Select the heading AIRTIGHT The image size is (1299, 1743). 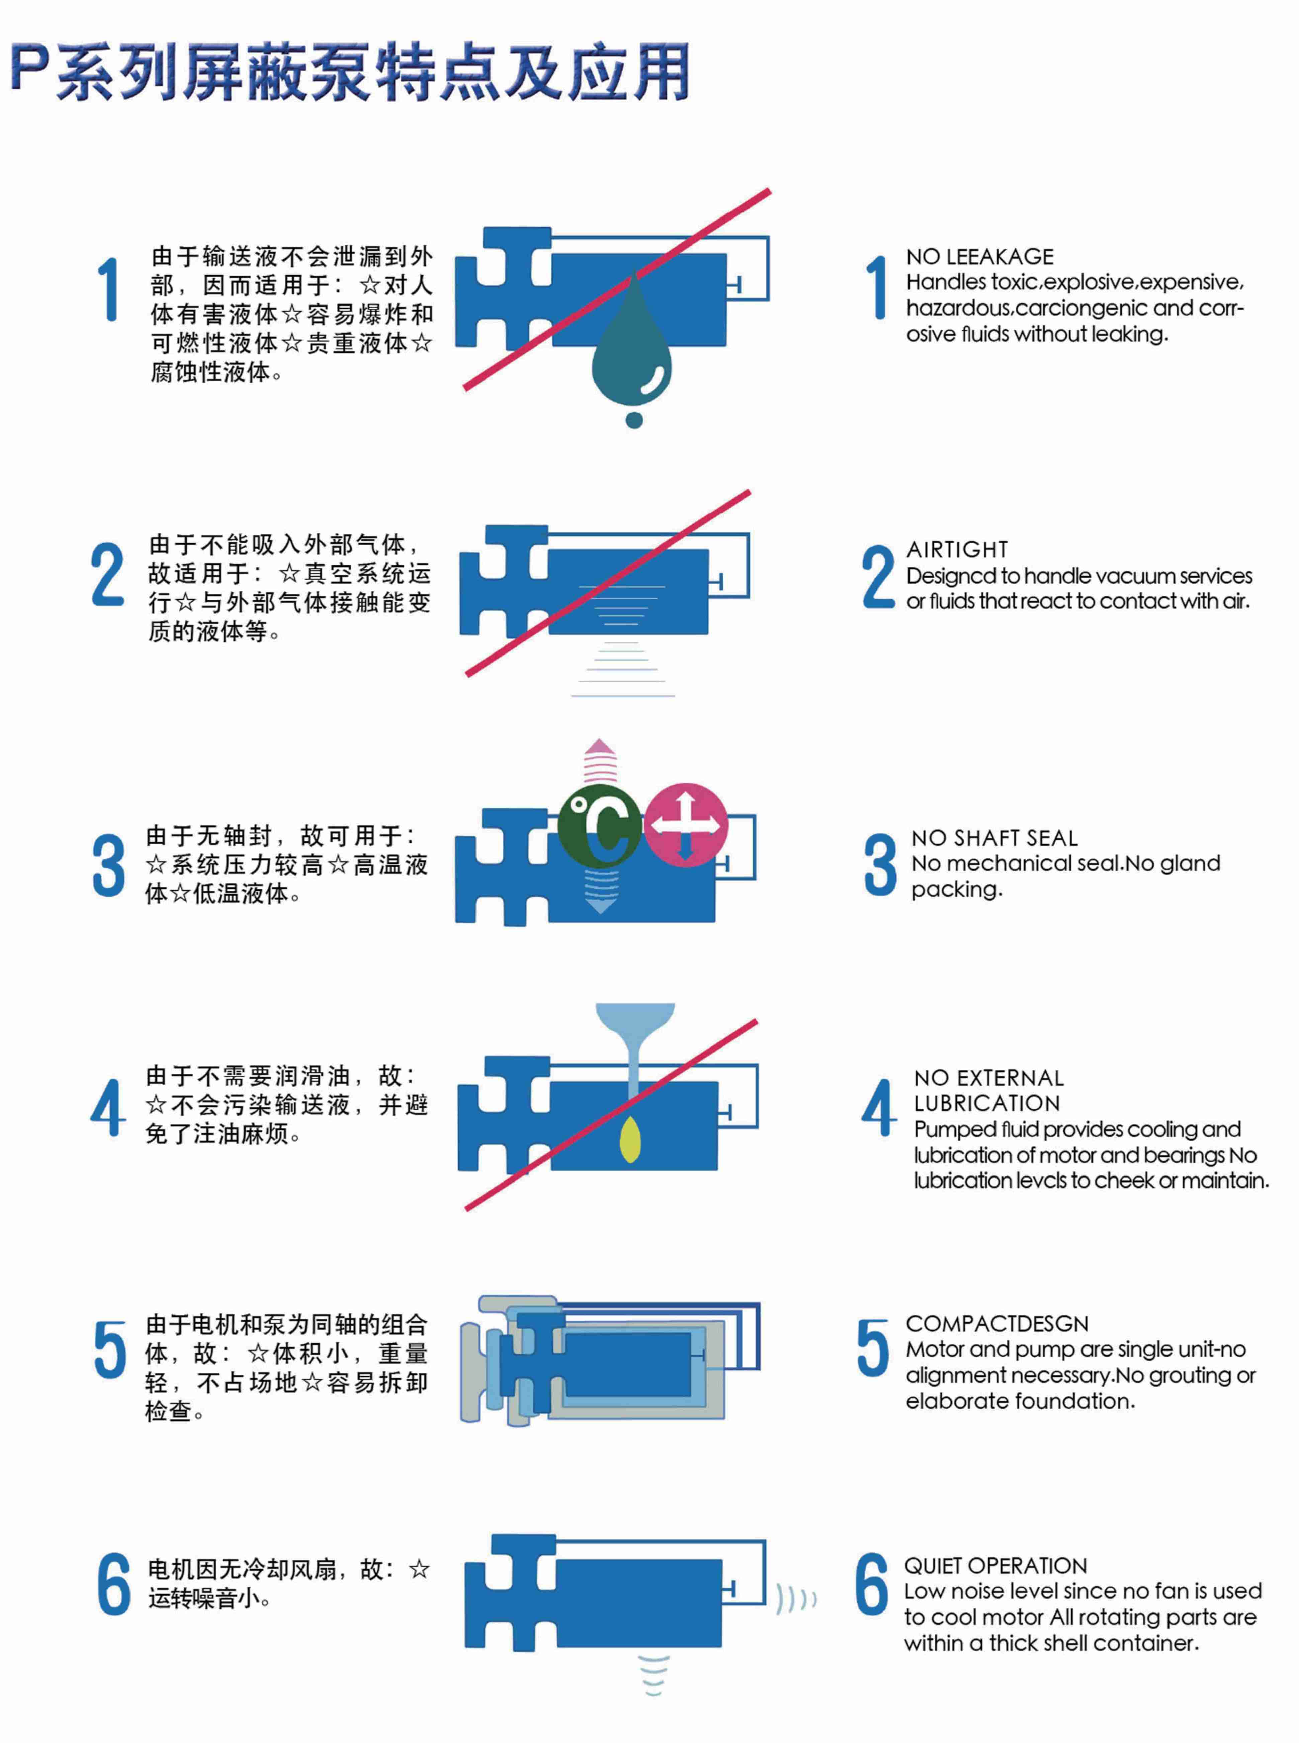[957, 549]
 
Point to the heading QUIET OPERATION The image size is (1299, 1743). [995, 1565]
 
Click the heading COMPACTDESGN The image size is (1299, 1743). [997, 1323]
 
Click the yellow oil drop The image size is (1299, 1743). [631, 1142]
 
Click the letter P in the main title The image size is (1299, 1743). [31, 69]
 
